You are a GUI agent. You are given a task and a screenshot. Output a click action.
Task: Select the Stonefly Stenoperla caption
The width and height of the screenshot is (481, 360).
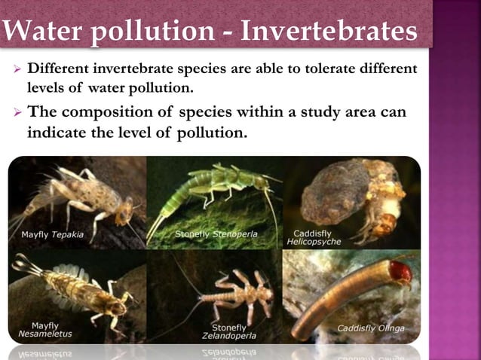click(216, 234)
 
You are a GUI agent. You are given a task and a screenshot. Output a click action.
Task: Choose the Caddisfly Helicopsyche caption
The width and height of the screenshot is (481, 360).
click(314, 238)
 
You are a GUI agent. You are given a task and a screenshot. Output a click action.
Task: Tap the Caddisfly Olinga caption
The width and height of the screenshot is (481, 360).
click(370, 328)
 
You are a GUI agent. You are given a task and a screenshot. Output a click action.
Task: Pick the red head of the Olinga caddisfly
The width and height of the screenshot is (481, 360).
click(400, 272)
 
